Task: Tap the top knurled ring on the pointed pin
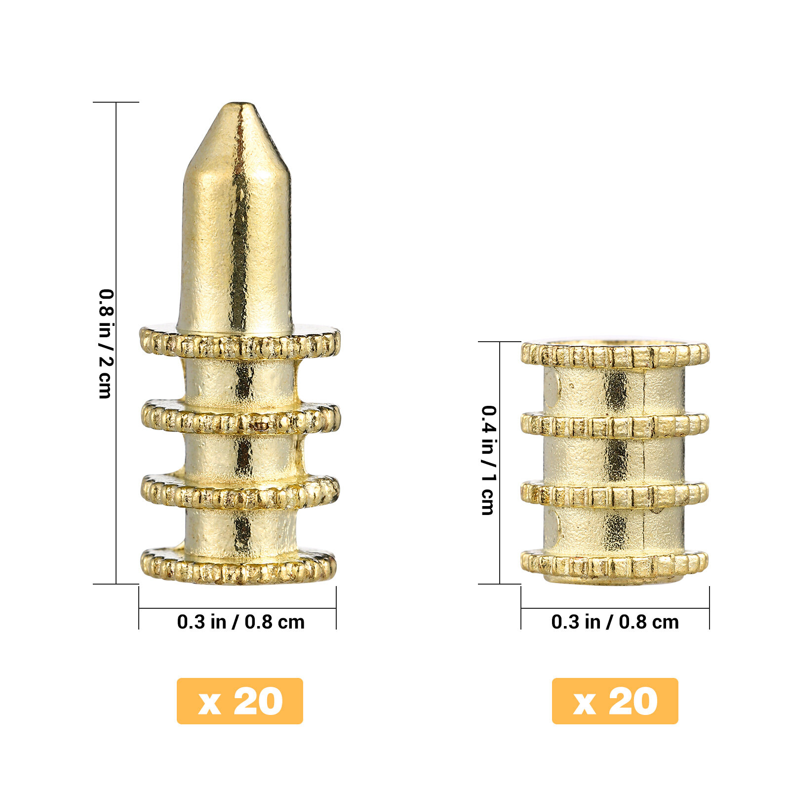240,342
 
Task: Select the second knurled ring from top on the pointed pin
241,418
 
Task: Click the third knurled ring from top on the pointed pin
240,492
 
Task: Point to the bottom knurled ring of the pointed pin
239,566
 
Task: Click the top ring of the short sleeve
615,355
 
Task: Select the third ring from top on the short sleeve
615,495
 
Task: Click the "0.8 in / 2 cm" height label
106,344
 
